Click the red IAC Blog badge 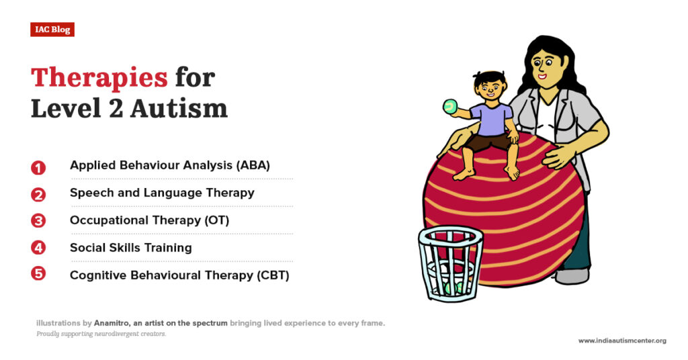click(x=52, y=30)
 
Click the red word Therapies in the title click(x=99, y=78)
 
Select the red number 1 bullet click(x=38, y=167)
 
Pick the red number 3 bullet click(x=38, y=221)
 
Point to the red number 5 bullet click(x=38, y=275)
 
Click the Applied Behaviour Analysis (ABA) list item click(x=169, y=165)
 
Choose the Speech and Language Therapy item click(x=162, y=193)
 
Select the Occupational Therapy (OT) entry click(x=149, y=220)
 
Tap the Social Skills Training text click(x=130, y=248)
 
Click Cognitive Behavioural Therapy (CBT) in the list click(x=179, y=275)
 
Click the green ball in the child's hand click(x=449, y=106)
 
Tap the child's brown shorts click(x=490, y=141)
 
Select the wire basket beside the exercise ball click(x=451, y=262)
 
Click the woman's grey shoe click(x=572, y=276)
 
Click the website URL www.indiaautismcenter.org click(x=621, y=341)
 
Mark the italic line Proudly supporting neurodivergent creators click(x=101, y=334)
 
